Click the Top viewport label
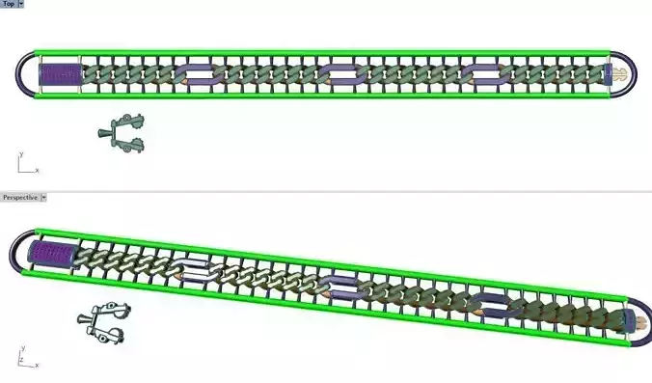coord(7,4)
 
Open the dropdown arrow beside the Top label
coord(20,4)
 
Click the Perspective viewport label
coord(20,197)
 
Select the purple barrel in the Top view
coord(57,73)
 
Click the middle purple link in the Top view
coord(341,73)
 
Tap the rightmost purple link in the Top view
coord(485,73)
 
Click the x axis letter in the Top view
coord(37,171)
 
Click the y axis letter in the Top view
coord(20,153)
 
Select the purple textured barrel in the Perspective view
coord(47,255)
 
